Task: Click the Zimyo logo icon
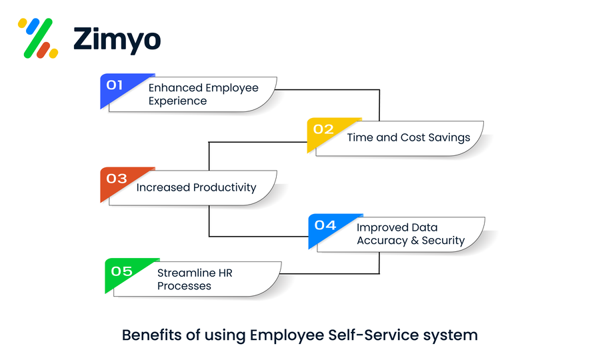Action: (x=38, y=37)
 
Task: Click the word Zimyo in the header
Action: (x=117, y=39)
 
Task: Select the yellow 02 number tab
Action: (x=323, y=129)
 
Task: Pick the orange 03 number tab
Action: (x=117, y=178)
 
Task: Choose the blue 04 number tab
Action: (x=325, y=225)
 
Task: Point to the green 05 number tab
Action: (x=122, y=271)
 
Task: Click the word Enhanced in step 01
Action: (x=175, y=88)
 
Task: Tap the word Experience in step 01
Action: (x=177, y=101)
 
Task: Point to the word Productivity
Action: (x=224, y=187)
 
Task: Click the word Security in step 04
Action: (x=441, y=241)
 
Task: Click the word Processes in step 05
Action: (x=184, y=286)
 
